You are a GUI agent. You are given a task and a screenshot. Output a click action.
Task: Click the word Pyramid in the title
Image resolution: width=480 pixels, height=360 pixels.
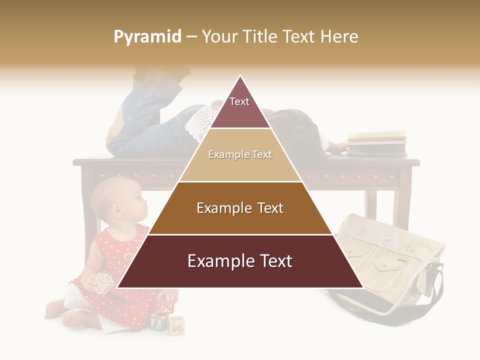pyautogui.click(x=147, y=37)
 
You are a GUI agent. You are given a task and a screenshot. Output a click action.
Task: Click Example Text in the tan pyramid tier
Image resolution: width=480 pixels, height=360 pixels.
pyautogui.click(x=240, y=155)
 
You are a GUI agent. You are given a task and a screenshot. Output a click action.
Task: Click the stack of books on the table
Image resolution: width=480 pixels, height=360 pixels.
pyautogui.click(x=377, y=142)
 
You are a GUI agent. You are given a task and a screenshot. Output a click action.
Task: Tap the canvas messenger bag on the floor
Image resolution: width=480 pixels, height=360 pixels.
pyautogui.click(x=385, y=260)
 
